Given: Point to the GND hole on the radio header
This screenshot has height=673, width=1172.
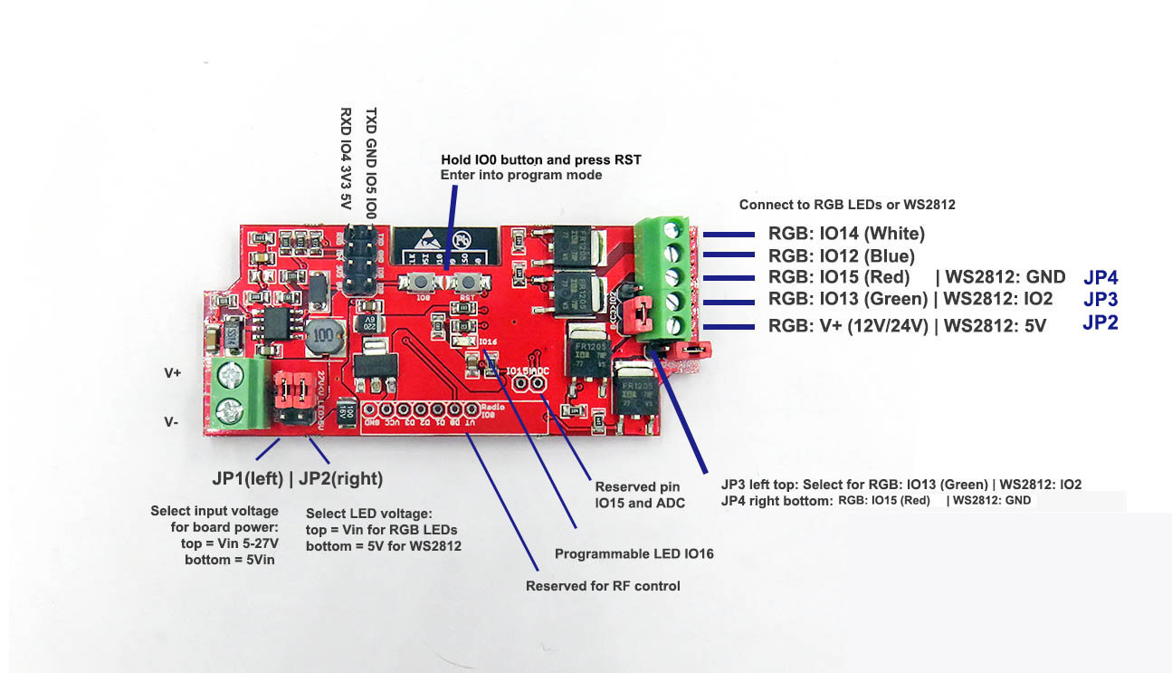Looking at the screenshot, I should coord(371,411).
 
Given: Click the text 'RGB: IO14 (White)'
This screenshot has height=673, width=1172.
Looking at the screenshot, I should coord(846,234).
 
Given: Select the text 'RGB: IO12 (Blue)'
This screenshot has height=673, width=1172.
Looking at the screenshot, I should coord(841,256).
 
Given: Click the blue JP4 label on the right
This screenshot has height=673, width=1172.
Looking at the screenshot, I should coord(1101,278).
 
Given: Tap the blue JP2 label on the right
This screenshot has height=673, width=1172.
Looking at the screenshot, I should coord(1101,322).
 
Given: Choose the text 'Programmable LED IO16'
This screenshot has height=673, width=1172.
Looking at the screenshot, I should coord(634,553).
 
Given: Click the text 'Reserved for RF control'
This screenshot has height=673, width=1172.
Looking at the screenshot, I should coord(603,586).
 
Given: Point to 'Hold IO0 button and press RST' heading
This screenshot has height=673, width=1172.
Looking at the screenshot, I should coord(540,159).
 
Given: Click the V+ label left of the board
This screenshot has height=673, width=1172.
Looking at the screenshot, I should coord(173,372).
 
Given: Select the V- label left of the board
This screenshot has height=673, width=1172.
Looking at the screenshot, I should coord(172,421).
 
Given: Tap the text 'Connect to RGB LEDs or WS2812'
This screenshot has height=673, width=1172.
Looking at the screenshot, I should coord(847,205).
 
